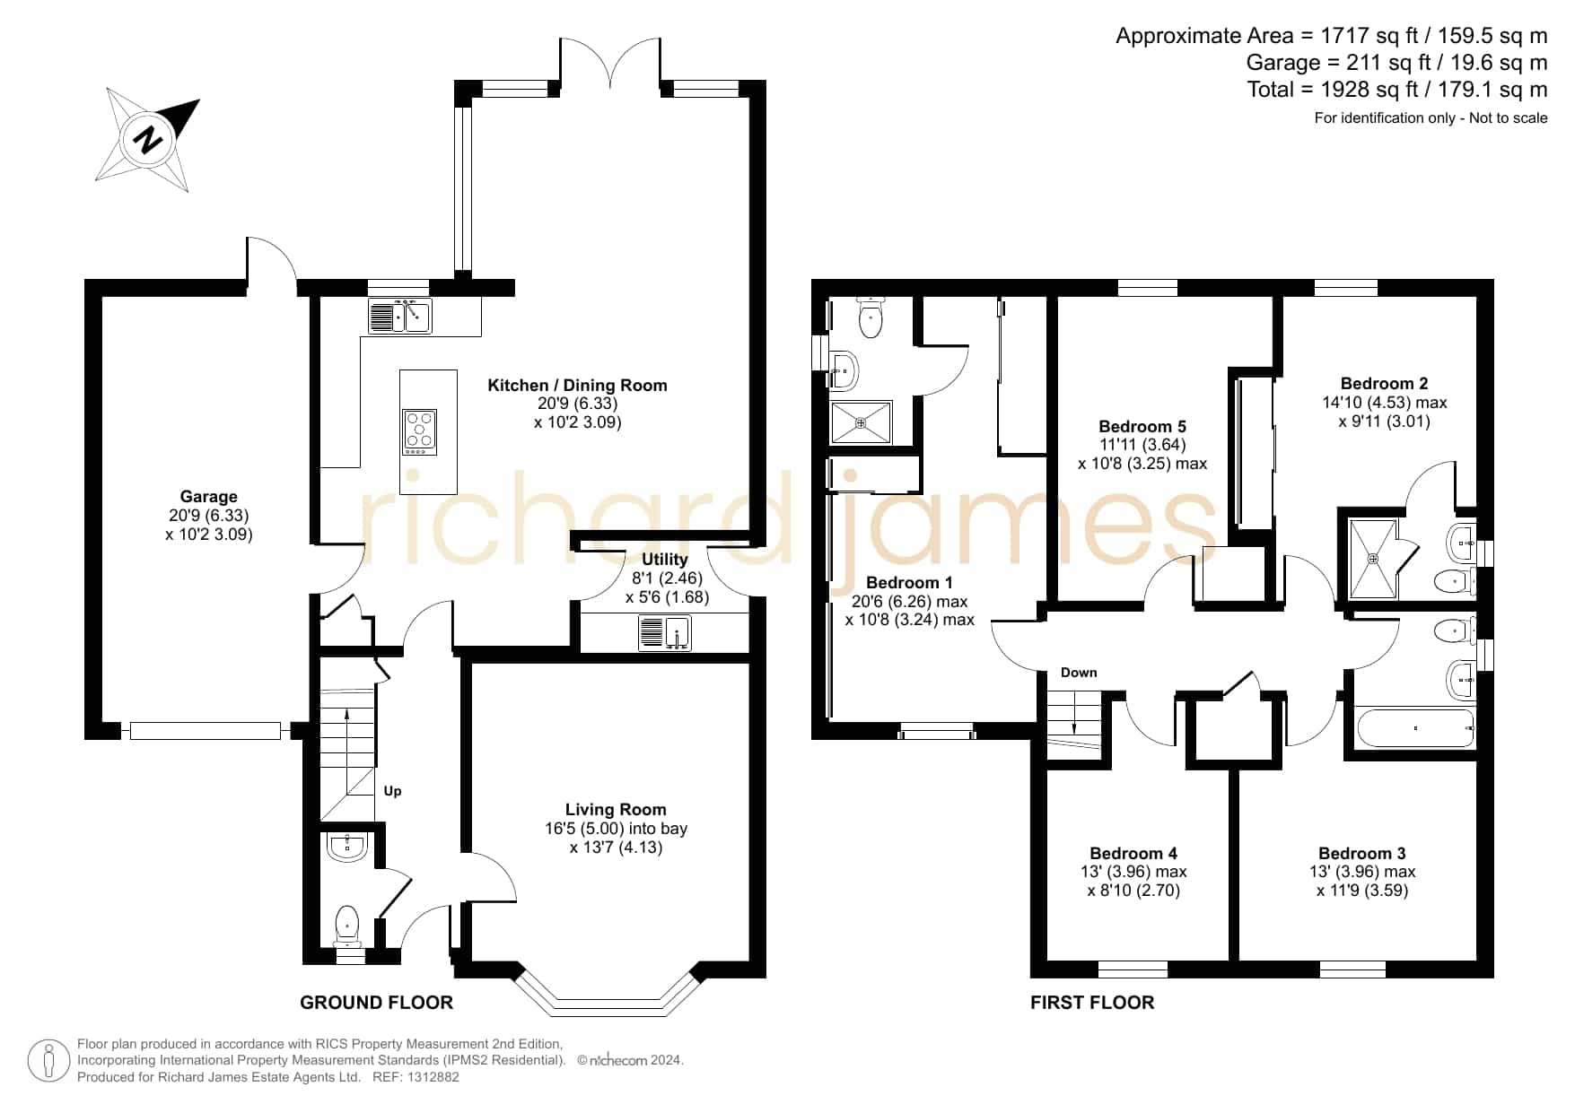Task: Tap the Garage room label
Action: tap(208, 496)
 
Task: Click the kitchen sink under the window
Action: tap(400, 316)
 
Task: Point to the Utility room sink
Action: tap(665, 632)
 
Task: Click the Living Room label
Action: tap(616, 809)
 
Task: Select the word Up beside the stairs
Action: tap(392, 791)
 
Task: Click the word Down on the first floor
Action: tap(1079, 673)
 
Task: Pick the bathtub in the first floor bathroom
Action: tap(1416, 728)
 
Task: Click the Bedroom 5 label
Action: tap(1142, 426)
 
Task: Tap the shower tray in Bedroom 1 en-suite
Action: tap(861, 422)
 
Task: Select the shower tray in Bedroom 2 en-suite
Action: tap(1373, 559)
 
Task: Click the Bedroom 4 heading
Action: tap(1133, 853)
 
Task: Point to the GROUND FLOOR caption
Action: tap(376, 1003)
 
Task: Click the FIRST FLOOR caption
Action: tap(1092, 1003)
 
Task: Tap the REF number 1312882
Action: tap(433, 1077)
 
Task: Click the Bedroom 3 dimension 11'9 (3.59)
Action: tap(1362, 891)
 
